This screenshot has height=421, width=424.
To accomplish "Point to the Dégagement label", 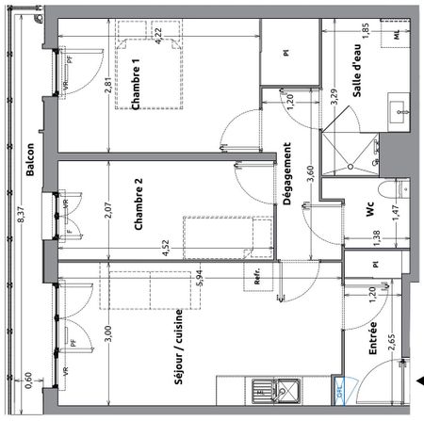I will pyautogui.click(x=286, y=174).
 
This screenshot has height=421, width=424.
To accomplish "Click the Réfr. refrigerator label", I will pyautogui.click(x=255, y=279).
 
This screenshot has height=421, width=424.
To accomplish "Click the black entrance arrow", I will pyautogui.click(x=417, y=381).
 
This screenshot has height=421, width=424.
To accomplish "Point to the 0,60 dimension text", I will pyautogui.click(x=28, y=380).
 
